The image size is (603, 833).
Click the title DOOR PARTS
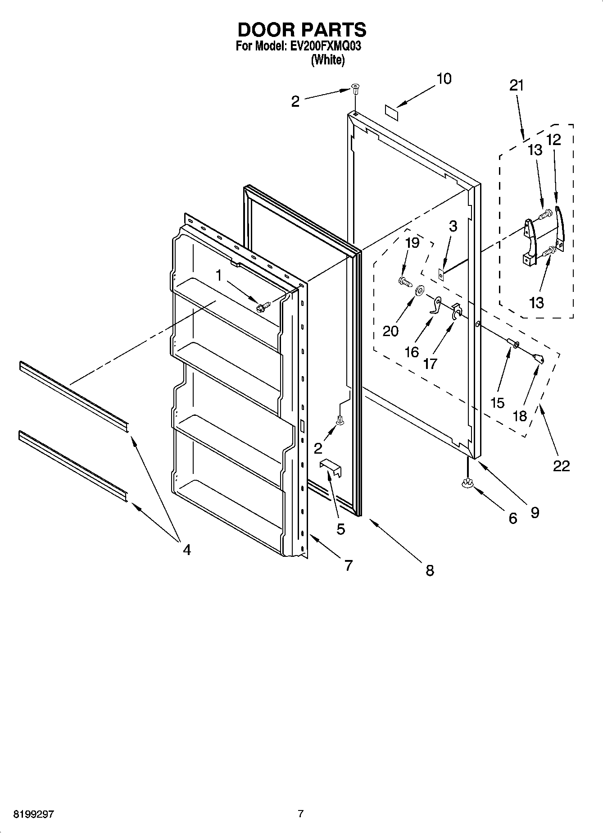point(301,30)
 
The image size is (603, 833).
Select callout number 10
point(443,79)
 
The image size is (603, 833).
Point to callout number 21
point(517,85)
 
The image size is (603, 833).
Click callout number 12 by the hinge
point(553,140)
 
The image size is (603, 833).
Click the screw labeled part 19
point(405,282)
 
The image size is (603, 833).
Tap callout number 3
point(453,226)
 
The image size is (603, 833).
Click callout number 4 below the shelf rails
point(186,549)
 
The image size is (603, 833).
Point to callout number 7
point(348,565)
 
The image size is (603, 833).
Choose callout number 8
point(430,571)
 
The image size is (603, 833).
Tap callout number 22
point(561,466)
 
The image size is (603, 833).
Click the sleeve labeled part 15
point(513,345)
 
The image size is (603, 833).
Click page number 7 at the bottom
point(301,814)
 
